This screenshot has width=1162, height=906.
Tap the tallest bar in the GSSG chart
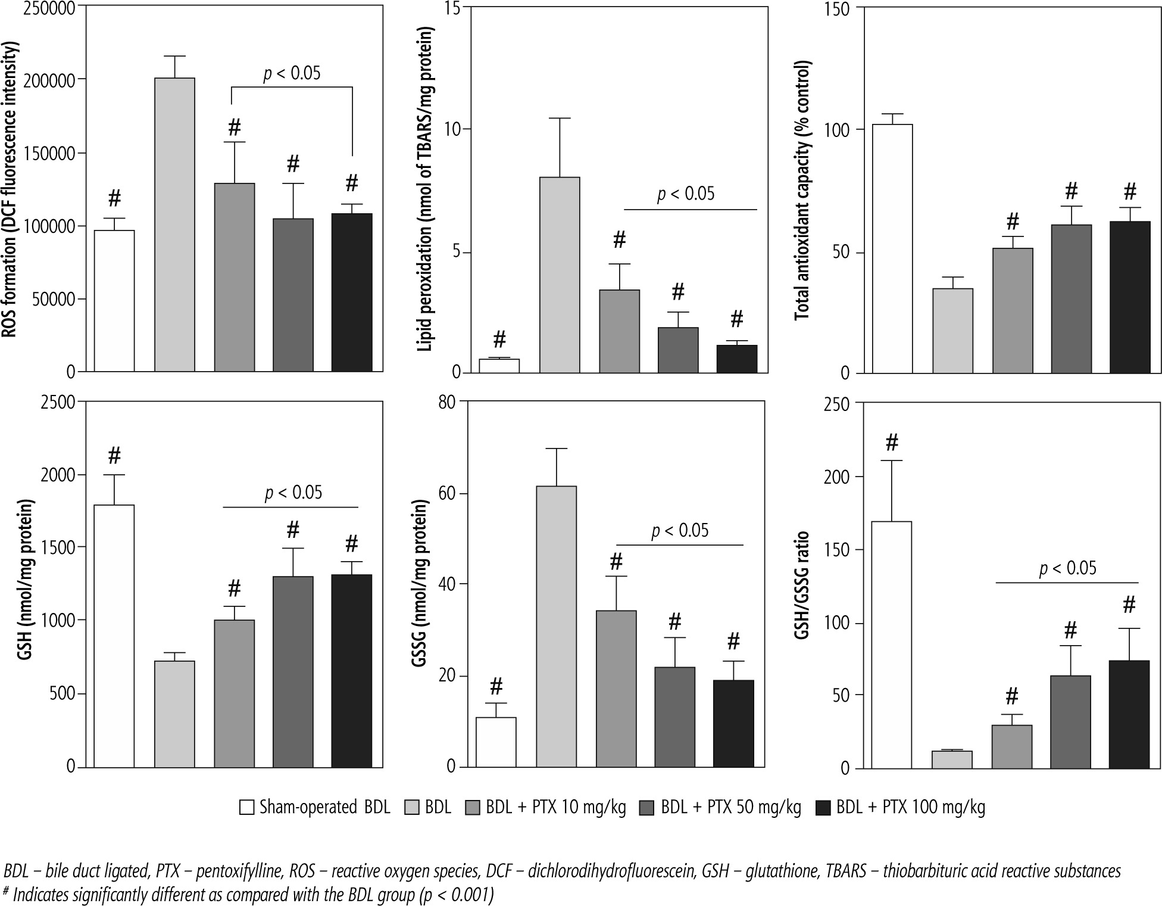tap(556, 626)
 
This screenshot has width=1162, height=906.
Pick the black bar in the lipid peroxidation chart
tap(736, 359)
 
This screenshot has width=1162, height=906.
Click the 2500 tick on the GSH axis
tap(59, 402)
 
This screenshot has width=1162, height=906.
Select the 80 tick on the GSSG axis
tap(446, 402)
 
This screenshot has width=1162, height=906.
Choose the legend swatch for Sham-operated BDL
tap(246, 808)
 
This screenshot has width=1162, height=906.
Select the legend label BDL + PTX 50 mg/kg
tap(731, 808)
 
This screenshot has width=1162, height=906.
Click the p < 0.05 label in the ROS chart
tap(292, 73)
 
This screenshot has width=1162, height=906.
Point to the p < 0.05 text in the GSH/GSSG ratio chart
tap(1067, 568)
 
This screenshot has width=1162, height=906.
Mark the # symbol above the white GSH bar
tap(114, 456)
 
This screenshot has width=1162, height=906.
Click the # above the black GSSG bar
tap(733, 642)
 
